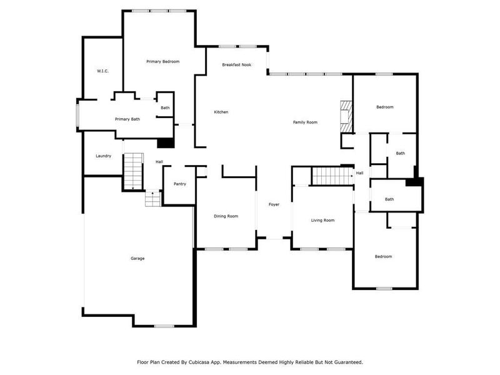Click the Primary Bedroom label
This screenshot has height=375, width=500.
162,61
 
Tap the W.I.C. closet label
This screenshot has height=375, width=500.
102,71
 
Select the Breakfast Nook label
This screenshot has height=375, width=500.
237,64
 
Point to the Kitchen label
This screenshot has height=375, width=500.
221,112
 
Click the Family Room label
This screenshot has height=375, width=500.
305,122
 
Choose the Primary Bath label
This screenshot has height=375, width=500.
127,119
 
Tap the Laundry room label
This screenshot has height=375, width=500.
103,156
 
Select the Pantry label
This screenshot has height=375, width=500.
179,184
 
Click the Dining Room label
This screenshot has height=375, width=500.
226,216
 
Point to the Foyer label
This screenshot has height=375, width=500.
274,204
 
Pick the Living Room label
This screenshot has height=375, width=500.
323,220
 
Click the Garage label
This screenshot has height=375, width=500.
137,258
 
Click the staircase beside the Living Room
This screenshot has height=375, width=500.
332,176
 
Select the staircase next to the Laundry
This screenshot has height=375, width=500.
133,172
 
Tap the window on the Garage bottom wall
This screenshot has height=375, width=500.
164,326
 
